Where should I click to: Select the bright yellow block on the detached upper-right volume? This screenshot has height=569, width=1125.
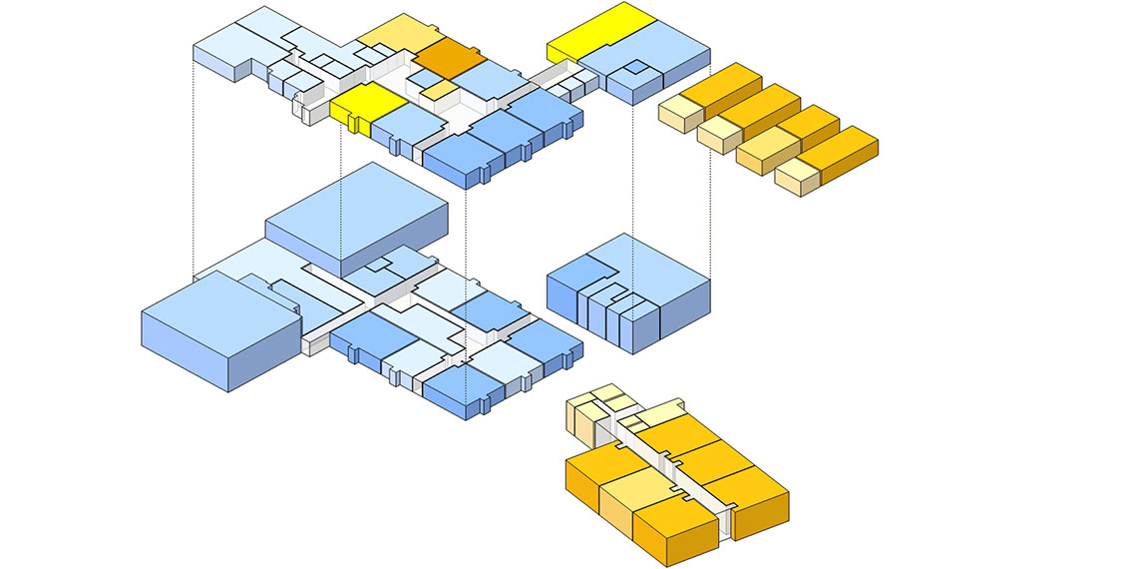(x=599, y=31)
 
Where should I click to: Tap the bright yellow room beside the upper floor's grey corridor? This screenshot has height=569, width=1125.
(x=365, y=102)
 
